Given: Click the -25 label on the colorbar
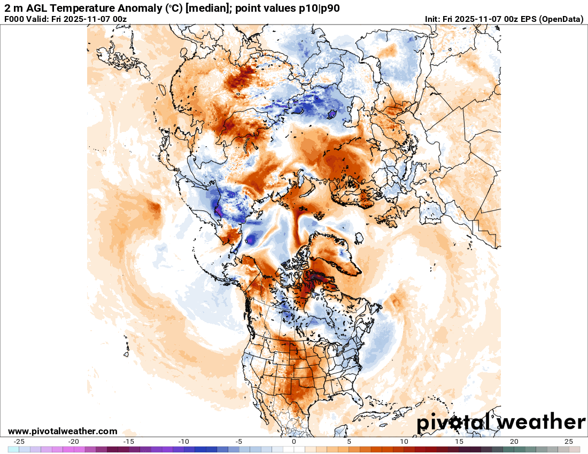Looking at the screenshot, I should [x=19, y=442].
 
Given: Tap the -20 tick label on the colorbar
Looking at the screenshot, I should [x=74, y=442].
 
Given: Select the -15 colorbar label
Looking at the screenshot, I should [x=129, y=442].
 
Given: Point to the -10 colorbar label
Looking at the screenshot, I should [x=184, y=442].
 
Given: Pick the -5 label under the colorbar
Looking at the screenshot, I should [x=239, y=442].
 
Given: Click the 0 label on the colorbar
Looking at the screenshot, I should [x=294, y=442].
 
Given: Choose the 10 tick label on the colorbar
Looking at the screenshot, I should [x=404, y=442].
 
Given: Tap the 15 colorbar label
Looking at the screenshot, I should [x=459, y=442].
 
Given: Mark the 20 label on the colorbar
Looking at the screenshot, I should [x=514, y=442].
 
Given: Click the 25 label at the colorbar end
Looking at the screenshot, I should [x=569, y=442].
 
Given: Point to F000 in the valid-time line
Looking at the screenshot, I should [x=14, y=19].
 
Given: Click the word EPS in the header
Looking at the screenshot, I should [x=528, y=19].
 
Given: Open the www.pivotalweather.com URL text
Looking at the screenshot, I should [x=63, y=431].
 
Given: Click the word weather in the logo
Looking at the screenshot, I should [x=541, y=422].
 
